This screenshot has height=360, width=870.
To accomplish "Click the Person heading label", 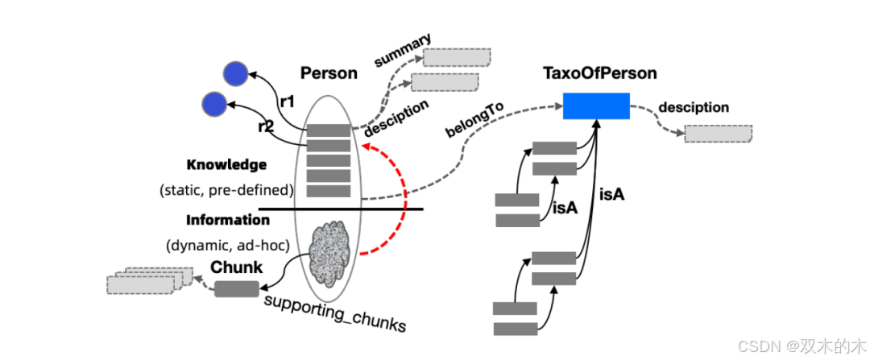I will [x=329, y=73].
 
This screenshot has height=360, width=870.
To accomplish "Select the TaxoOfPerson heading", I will [x=600, y=73].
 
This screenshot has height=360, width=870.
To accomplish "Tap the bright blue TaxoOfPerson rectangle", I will [x=596, y=106].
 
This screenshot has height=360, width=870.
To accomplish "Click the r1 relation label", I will [x=288, y=101].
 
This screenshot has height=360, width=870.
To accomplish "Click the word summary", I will [x=402, y=49].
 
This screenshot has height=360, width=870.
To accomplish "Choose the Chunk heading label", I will [x=237, y=267].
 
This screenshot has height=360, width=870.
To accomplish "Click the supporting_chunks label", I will [x=334, y=314].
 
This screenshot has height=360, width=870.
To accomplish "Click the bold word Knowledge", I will [x=226, y=165].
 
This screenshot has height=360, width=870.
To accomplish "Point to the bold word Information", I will [x=228, y=220].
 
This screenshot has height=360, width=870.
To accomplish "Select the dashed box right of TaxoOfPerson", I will [x=718, y=134].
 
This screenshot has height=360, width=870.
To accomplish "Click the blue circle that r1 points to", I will [x=234, y=74].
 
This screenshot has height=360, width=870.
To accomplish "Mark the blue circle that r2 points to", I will [x=214, y=103].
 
